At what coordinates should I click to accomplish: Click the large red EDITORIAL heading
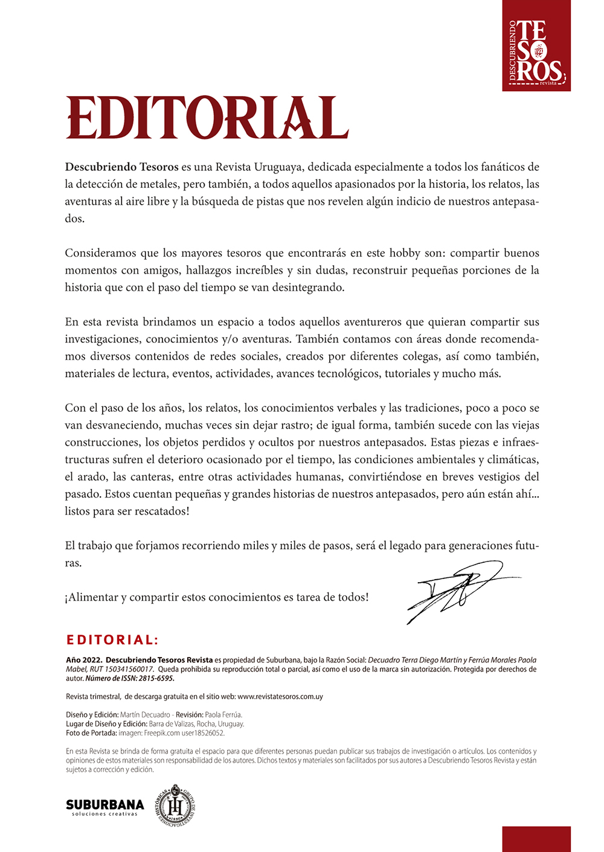point(207,118)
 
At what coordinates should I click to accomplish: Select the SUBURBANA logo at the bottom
point(105,806)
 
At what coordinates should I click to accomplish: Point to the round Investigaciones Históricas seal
point(175,805)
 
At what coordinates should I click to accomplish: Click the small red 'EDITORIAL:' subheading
point(112,640)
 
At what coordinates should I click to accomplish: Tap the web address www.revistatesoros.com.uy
point(280,696)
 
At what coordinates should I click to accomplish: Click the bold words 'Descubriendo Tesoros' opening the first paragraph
point(121,167)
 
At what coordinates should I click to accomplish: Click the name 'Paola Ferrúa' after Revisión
point(223,714)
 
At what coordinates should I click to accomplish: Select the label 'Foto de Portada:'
point(91,733)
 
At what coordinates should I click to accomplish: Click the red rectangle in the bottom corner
point(536,839)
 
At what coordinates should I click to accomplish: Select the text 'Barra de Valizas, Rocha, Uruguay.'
point(196,724)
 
